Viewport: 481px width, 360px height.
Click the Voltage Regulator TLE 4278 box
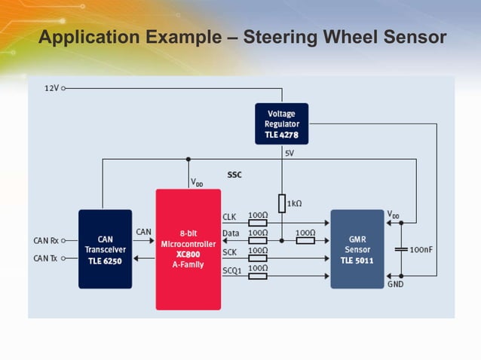coord(282,124)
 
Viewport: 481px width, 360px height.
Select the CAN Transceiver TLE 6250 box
coord(105,249)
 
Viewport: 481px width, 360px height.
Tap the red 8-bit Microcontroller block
coord(188,249)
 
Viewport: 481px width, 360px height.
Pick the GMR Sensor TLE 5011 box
coord(357,249)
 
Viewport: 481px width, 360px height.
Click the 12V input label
coord(51,88)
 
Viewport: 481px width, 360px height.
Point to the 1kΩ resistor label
coord(295,203)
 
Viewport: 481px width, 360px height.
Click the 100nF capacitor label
coord(421,249)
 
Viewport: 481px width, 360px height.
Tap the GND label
coord(395,285)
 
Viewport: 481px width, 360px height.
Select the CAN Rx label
coord(46,241)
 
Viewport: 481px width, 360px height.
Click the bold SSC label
coord(234,175)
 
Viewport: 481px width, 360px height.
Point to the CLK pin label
coord(229,217)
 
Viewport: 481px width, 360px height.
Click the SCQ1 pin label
coord(231,270)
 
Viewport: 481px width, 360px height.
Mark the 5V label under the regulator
coord(290,153)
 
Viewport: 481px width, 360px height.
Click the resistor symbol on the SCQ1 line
coord(257,276)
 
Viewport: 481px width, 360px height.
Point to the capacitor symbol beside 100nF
coord(401,249)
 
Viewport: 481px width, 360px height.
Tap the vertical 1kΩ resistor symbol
coord(281,204)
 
